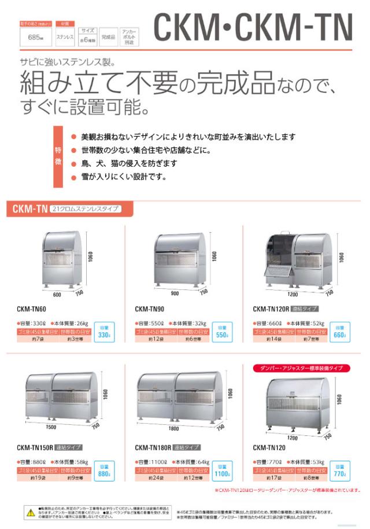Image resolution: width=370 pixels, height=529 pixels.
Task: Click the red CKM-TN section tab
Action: (29, 208)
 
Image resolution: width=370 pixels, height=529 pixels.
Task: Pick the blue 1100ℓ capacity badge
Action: (222, 472)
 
